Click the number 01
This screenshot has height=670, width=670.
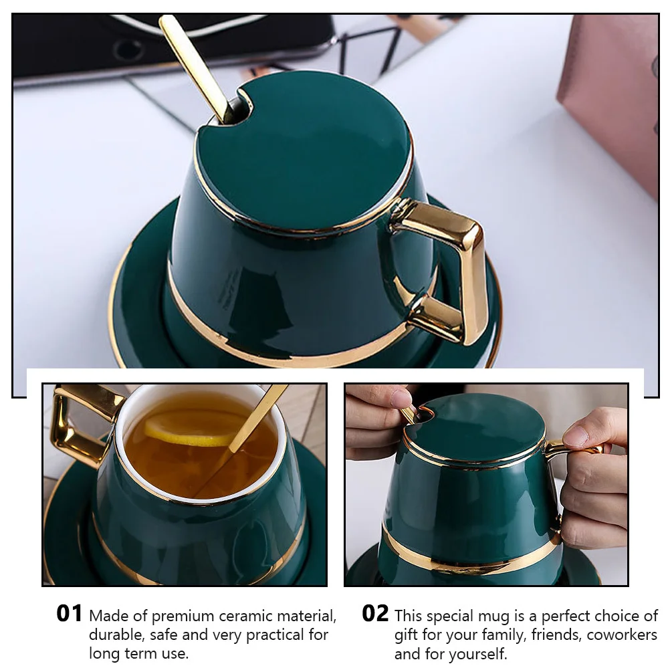point(70,614)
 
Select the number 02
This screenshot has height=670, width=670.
point(375,614)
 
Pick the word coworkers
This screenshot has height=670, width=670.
point(622,635)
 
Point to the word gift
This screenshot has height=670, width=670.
point(405,636)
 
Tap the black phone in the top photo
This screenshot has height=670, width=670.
point(171,47)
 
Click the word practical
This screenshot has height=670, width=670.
point(274,636)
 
